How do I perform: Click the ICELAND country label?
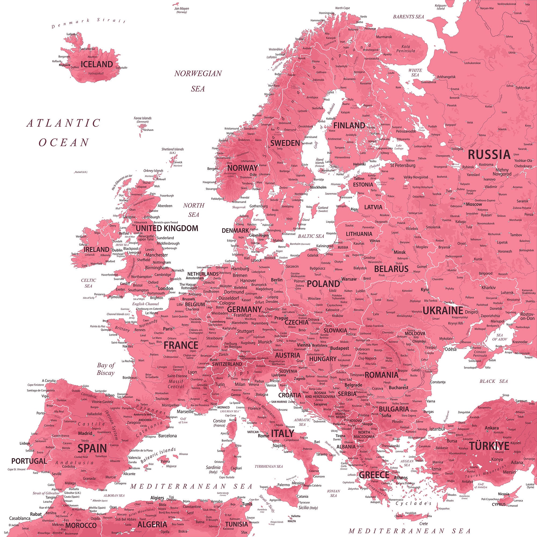[97, 64]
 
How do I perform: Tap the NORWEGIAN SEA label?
[198, 81]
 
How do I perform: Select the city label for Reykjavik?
[65, 65]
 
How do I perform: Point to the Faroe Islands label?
[143, 118]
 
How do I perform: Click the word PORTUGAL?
[29, 461]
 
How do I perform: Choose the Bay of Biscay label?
[106, 369]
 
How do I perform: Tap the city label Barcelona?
[167, 436]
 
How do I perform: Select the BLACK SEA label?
[494, 381]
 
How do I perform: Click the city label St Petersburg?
[403, 165]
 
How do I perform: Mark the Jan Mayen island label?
[182, 9]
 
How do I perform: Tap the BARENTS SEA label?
[408, 17]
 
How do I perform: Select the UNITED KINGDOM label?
[167, 228]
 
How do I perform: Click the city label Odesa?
[451, 349]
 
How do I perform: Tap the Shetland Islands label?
[173, 149]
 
